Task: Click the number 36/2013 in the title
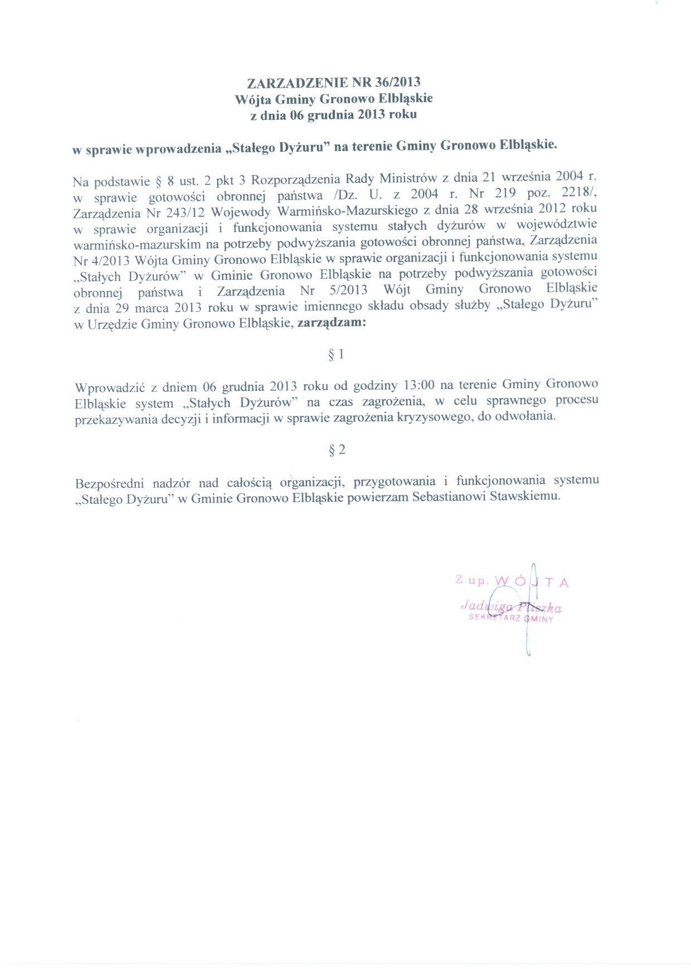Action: click(x=398, y=83)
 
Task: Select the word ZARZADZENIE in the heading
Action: click(x=298, y=83)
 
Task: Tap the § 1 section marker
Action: click(x=337, y=354)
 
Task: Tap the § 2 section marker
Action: click(x=337, y=449)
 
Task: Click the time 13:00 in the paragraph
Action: click(x=418, y=385)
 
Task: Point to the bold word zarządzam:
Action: click(x=332, y=322)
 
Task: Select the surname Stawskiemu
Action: click(x=524, y=496)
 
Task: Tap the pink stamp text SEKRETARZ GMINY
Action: click(x=511, y=618)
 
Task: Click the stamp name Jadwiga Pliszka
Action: click(x=511, y=607)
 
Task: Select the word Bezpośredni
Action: click(x=109, y=483)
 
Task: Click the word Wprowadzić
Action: click(x=110, y=387)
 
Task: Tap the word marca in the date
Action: click(x=152, y=308)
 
